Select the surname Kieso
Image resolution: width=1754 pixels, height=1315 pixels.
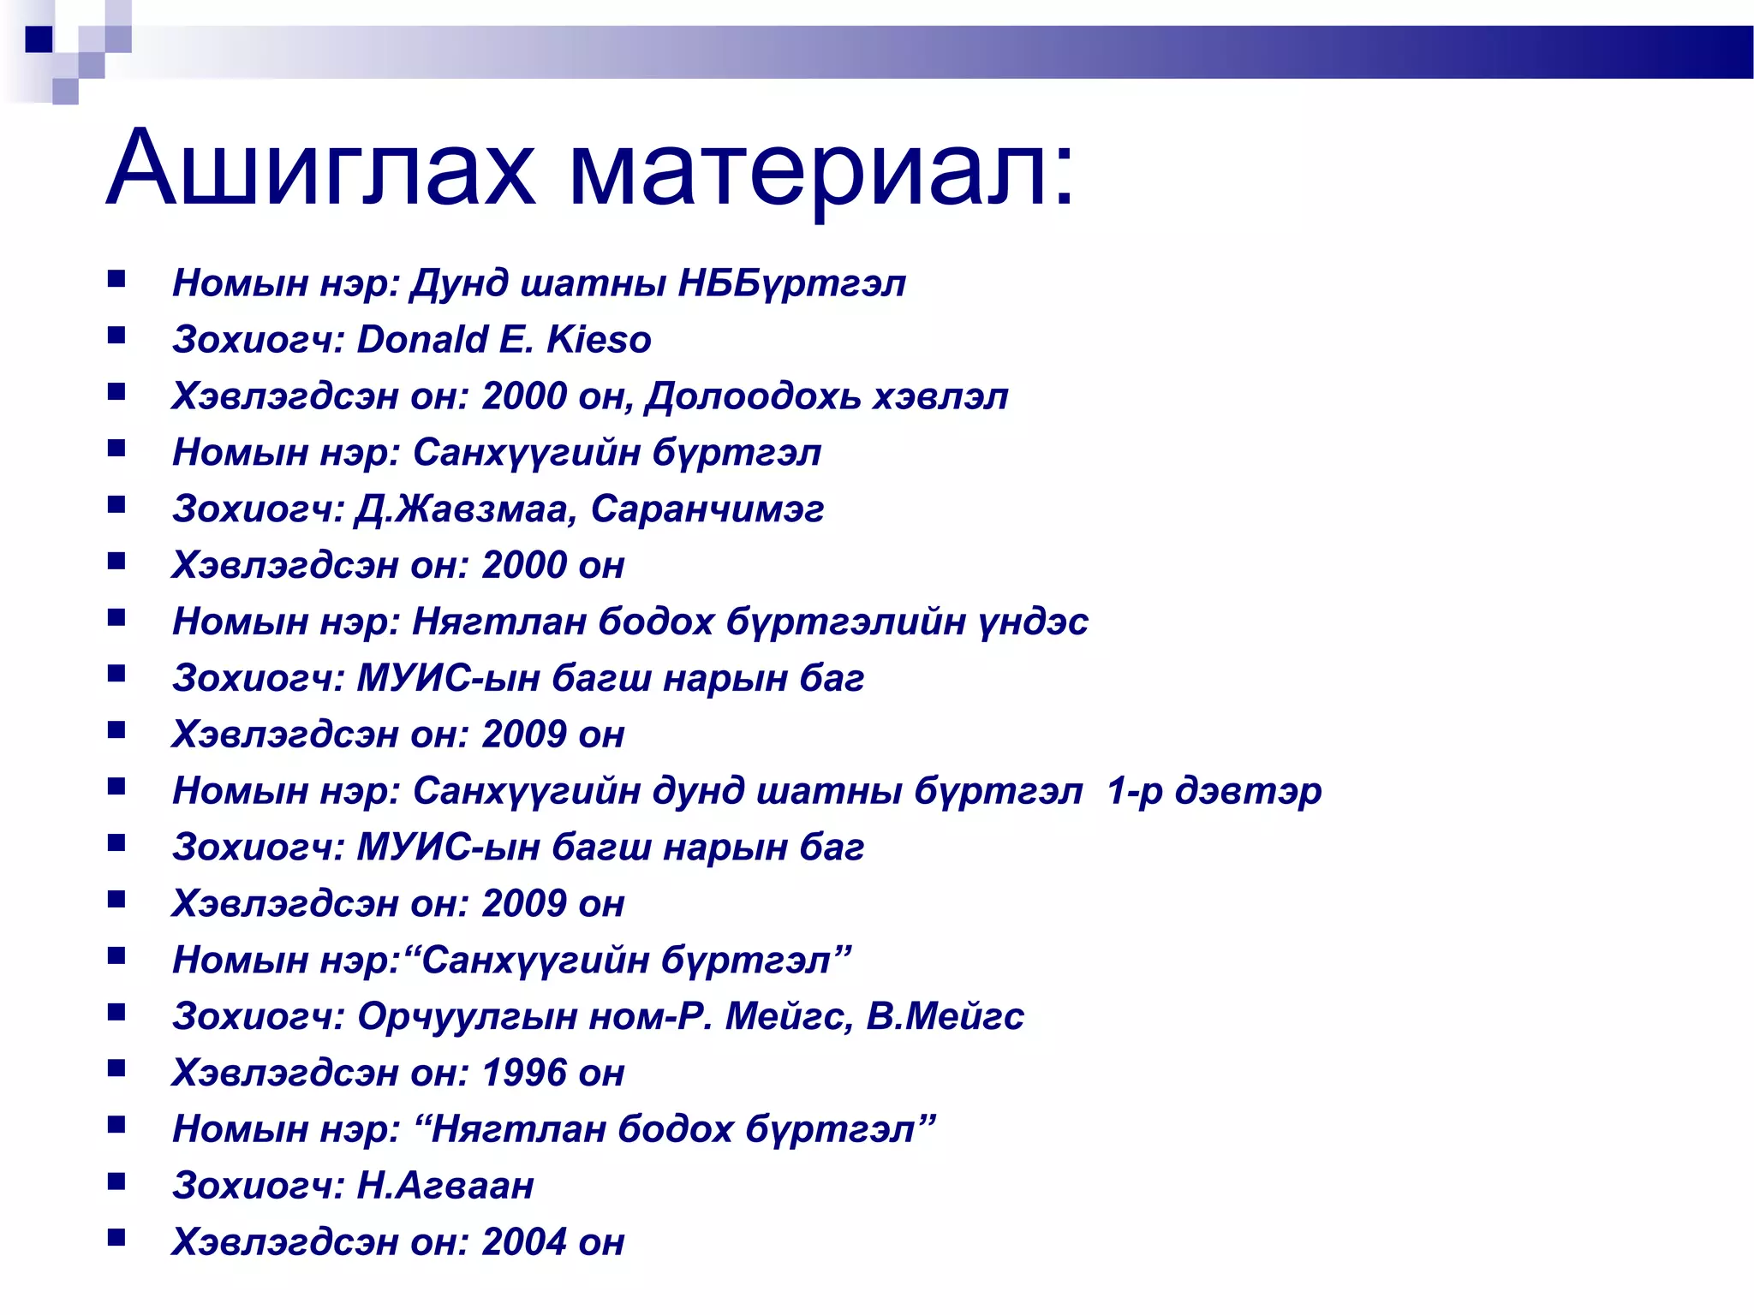599,340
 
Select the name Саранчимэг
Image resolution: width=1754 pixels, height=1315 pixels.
707,509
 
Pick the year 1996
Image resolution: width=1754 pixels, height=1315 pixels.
524,1073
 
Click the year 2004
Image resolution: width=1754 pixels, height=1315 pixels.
524,1242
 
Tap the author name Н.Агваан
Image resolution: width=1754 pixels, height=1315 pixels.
445,1186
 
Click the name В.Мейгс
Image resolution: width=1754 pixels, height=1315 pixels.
945,1016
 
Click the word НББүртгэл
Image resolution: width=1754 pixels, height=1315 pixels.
791,283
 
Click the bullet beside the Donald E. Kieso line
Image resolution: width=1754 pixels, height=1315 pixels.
116,335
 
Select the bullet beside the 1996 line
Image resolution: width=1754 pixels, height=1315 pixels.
116,1068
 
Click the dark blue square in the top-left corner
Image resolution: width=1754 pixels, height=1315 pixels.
39,39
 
